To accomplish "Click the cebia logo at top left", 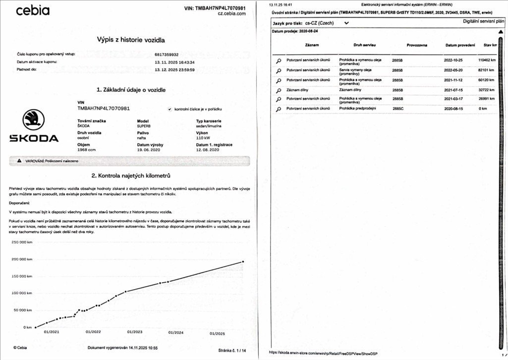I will [x=33, y=10].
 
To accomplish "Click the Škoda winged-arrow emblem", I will [x=34, y=120].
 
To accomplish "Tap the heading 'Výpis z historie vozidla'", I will [x=131, y=40].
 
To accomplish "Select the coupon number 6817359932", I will [x=167, y=54].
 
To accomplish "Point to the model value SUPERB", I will [x=145, y=125].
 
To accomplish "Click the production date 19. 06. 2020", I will [x=149, y=149].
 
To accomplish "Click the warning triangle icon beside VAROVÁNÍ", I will [x=19, y=161].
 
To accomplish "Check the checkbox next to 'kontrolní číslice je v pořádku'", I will [x=170, y=109].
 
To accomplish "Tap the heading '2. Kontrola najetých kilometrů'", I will [x=131, y=176].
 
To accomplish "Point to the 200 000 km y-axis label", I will [x=21, y=259].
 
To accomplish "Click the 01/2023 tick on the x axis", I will [x=135, y=332].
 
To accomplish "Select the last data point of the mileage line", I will [x=243, y=261].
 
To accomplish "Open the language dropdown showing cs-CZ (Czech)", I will [x=345, y=23].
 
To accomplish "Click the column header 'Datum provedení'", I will [x=459, y=45].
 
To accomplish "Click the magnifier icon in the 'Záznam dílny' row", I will [x=278, y=90].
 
